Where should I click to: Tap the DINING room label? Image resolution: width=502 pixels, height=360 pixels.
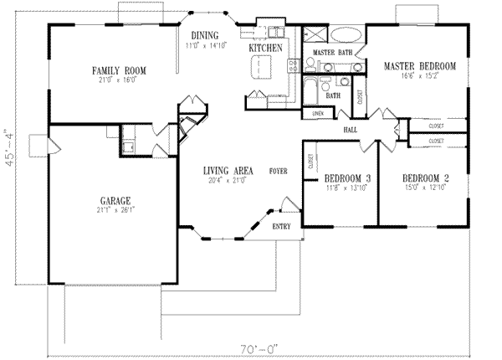click(x=204, y=34)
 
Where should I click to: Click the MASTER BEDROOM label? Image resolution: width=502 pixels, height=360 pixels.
click(x=419, y=65)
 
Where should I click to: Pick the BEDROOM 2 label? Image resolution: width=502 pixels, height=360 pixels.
click(x=426, y=178)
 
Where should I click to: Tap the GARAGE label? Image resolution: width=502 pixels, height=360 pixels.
click(x=115, y=202)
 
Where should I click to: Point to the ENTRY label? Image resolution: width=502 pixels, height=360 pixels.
click(x=281, y=227)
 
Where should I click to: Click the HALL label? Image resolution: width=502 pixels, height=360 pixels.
click(x=351, y=130)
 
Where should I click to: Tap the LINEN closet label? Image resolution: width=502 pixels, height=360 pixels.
click(x=318, y=112)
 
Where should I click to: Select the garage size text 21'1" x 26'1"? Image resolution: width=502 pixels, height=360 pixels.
click(x=115, y=211)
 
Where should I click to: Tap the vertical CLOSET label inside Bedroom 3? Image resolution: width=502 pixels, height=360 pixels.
click(x=311, y=162)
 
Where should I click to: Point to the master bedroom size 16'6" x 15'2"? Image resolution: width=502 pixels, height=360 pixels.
click(x=419, y=75)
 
